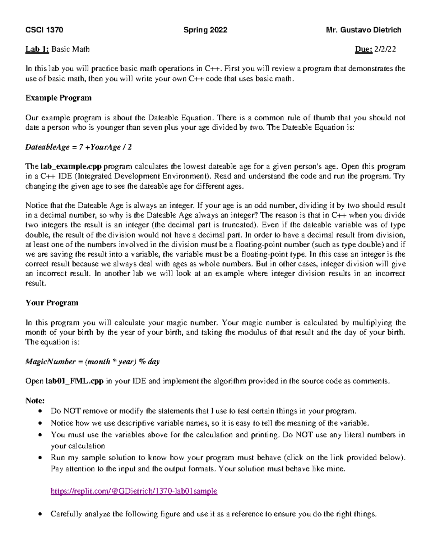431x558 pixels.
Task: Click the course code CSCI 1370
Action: (x=44, y=30)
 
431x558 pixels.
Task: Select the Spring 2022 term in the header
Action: (x=205, y=30)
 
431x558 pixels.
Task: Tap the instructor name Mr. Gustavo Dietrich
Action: (x=363, y=30)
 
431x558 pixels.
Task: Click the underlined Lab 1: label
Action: (x=37, y=49)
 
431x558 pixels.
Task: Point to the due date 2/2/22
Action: (x=385, y=49)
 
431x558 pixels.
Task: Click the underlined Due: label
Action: (x=363, y=49)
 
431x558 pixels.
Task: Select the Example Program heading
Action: (x=58, y=98)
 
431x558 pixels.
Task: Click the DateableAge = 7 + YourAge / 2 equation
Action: (x=78, y=147)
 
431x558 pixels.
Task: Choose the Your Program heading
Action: (x=52, y=303)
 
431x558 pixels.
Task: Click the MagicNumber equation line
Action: (x=92, y=361)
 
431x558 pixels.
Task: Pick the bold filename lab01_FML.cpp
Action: (x=74, y=381)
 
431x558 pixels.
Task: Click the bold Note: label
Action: (x=35, y=401)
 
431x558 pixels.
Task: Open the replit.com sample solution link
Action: (x=134, y=491)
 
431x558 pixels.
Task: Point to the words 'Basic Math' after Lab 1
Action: (x=70, y=49)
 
